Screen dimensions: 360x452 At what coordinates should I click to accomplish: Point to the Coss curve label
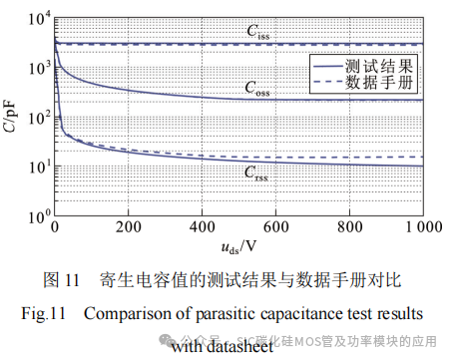[257, 88]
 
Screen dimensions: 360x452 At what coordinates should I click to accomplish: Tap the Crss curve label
[257, 172]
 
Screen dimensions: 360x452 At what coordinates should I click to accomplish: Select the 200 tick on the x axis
[127, 228]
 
